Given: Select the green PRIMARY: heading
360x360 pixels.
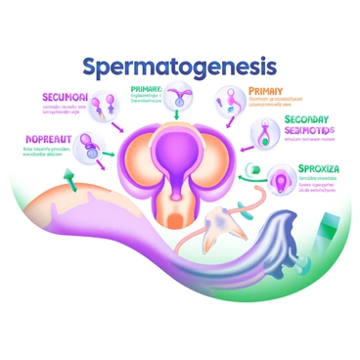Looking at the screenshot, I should pos(153,89).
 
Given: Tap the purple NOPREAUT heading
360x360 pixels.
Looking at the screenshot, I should pos(47,140).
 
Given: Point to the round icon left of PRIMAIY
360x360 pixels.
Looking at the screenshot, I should pos(226,99).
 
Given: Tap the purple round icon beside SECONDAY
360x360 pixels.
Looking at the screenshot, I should pos(264,132).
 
